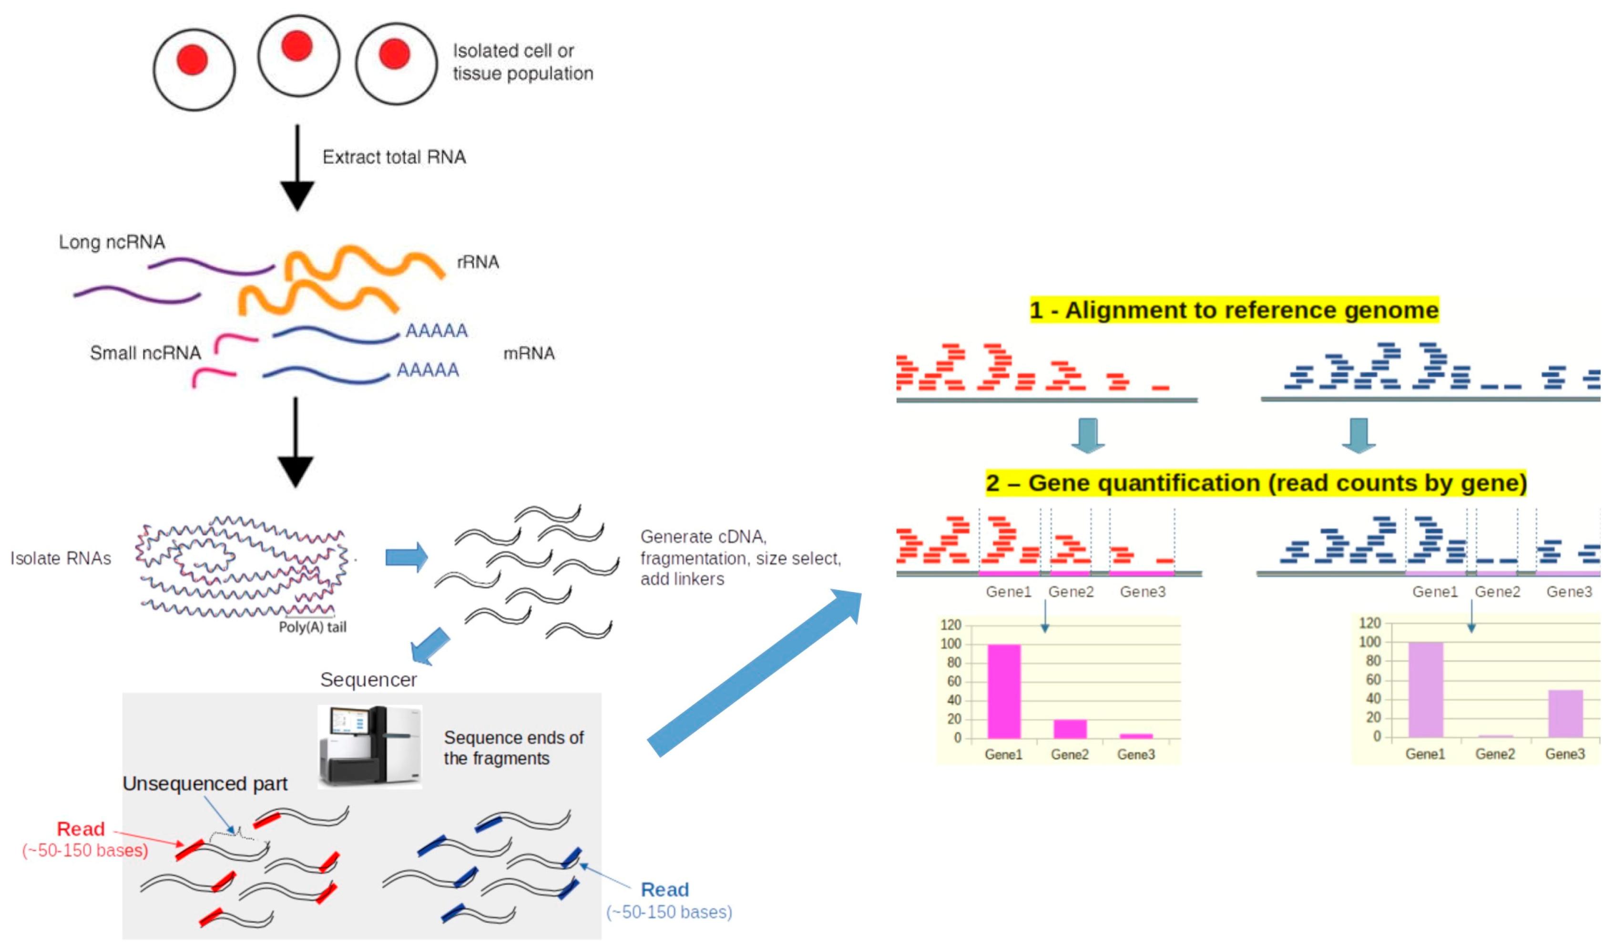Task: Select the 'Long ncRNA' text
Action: click(112, 242)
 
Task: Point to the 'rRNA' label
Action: click(477, 262)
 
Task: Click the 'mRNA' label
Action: click(529, 353)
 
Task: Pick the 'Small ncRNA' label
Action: click(145, 353)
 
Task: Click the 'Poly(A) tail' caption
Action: click(312, 627)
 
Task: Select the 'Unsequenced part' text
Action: click(204, 783)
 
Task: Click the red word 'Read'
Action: click(81, 829)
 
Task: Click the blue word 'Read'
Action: click(664, 890)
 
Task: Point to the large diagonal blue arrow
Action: click(753, 673)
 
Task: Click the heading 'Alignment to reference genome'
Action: click(1234, 310)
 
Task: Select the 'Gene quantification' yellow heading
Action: click(1256, 482)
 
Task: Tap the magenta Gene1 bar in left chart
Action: click(1003, 692)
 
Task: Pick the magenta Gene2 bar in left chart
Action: click(1070, 729)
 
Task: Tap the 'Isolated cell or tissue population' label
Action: click(522, 62)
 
